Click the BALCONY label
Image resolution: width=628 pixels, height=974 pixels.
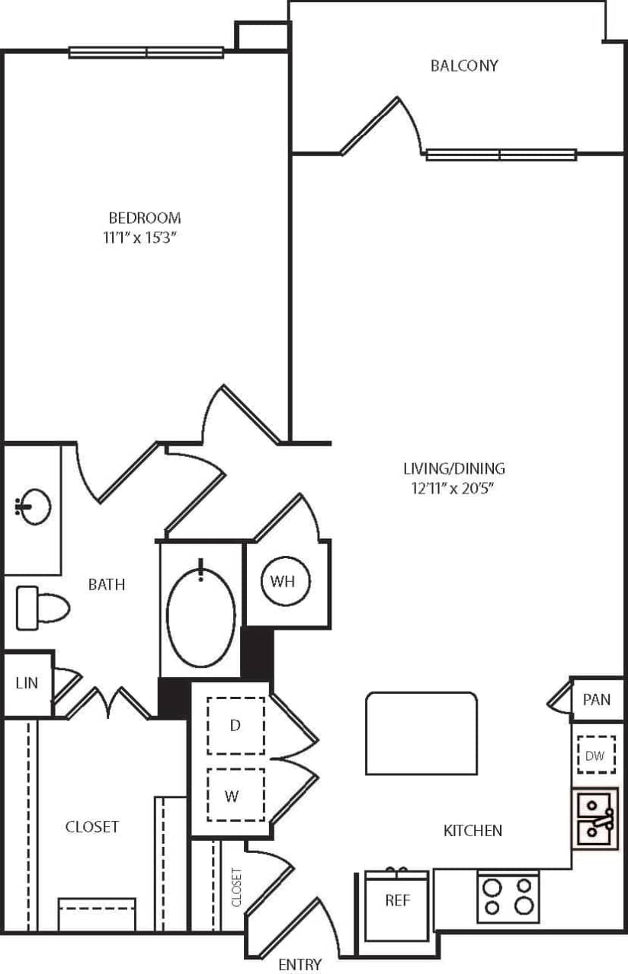[x=464, y=65]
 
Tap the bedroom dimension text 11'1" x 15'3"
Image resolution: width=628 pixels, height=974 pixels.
[x=140, y=238]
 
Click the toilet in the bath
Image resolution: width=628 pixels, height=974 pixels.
[x=42, y=608]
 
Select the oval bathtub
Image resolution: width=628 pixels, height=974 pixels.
[x=200, y=615]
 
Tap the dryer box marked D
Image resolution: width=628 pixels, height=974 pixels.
[x=235, y=726]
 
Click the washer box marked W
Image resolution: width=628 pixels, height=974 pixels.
[x=235, y=795]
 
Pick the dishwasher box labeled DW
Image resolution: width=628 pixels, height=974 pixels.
[x=595, y=755]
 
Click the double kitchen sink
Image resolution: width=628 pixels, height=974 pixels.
[x=595, y=819]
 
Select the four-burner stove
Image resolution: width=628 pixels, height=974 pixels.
[x=508, y=897]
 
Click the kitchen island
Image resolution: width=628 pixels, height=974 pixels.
[x=421, y=733]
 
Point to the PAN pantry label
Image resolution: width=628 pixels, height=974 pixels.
[x=596, y=699]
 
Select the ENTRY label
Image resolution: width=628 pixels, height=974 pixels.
[x=300, y=964]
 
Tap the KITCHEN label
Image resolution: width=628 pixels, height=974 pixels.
[x=473, y=830]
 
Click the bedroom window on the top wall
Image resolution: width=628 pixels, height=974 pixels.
[x=146, y=53]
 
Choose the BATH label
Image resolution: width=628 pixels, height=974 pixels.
[x=107, y=585]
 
